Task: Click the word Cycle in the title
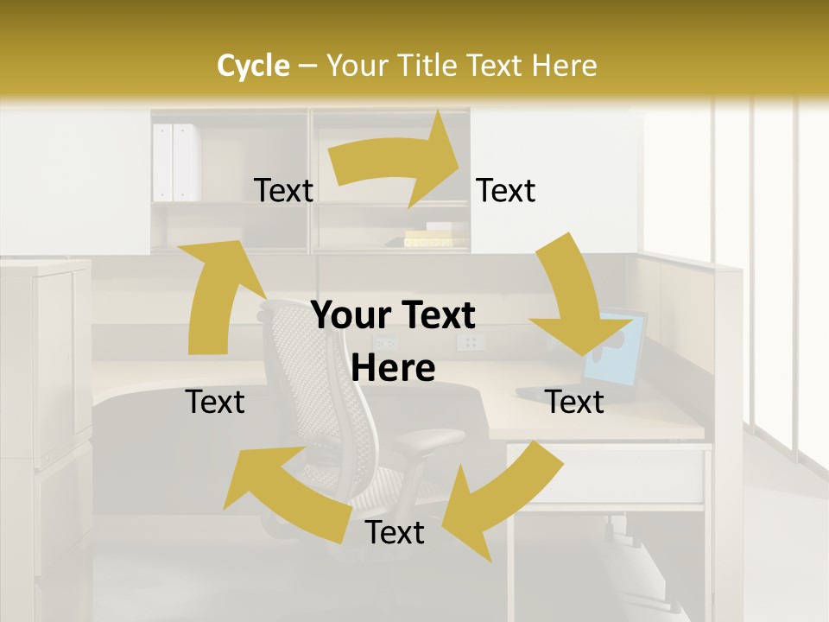tap(253, 66)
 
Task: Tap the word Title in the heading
tap(429, 66)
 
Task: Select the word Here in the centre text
tap(393, 368)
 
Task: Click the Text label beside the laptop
tap(574, 402)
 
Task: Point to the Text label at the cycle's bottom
tap(395, 533)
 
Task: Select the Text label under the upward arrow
tap(215, 402)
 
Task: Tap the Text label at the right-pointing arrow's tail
tap(283, 191)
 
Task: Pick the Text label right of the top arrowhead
tap(506, 191)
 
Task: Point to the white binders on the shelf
tap(174, 162)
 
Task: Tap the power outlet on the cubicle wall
tap(471, 343)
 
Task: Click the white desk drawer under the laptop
tap(604, 475)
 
